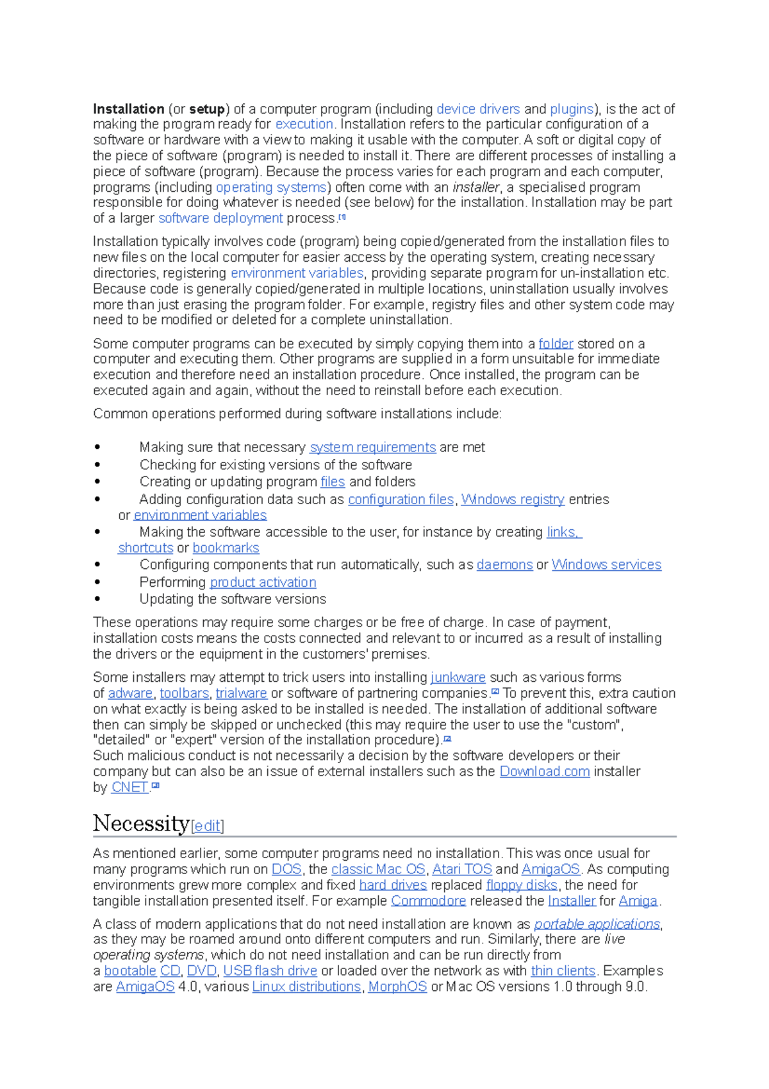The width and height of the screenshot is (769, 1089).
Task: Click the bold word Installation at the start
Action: [x=128, y=109]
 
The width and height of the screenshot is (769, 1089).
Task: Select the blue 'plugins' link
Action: [x=572, y=109]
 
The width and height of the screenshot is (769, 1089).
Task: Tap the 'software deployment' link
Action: [x=220, y=218]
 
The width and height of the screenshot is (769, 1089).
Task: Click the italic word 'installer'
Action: [x=475, y=187]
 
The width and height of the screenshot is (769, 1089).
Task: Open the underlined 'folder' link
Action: [x=556, y=344]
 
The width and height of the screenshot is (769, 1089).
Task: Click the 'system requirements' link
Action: [x=372, y=447]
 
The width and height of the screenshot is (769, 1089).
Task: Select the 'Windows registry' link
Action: [x=513, y=499]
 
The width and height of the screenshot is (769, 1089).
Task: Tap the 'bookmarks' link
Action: [x=226, y=548]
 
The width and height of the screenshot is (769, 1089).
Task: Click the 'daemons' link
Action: [x=504, y=564]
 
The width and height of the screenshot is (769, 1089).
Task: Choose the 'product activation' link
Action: [x=263, y=582]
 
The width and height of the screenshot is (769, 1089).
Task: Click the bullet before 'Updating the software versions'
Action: [x=97, y=599]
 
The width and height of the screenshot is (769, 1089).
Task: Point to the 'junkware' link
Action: [x=458, y=677]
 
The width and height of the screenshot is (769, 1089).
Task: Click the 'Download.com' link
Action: [x=544, y=771]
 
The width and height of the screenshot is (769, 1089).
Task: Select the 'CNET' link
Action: [x=129, y=787]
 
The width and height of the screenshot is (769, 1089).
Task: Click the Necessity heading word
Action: [x=141, y=823]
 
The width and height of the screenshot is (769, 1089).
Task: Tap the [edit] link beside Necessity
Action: [x=208, y=825]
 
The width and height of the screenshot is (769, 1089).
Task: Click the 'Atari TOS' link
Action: [x=462, y=869]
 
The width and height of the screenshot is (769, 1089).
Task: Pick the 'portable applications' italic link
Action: [x=597, y=924]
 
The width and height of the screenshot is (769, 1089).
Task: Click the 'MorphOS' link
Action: [x=397, y=986]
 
